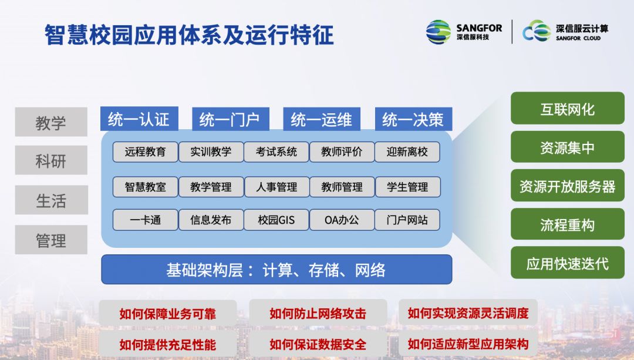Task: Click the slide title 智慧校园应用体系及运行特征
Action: coord(189,35)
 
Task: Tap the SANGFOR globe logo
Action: coord(439,32)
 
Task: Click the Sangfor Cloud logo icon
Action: coord(537,31)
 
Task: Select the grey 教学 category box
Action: coord(51,122)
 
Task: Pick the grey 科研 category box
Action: coord(51,160)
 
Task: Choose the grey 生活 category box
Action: coord(51,200)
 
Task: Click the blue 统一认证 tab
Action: coord(139,119)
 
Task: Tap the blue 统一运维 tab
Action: coord(322,119)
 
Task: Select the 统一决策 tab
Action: coord(413,119)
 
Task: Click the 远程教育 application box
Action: coord(145,152)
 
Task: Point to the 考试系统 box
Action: coord(276,152)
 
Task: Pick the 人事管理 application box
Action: coord(276,187)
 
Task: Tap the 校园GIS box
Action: coord(276,220)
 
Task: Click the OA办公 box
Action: coord(342,220)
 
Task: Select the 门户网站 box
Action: coord(407,220)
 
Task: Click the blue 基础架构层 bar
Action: coord(276,270)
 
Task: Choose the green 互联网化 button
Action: coord(568,109)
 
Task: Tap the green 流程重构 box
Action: coord(568,224)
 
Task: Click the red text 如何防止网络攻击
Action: coord(318,314)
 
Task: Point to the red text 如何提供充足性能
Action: coord(167,345)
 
